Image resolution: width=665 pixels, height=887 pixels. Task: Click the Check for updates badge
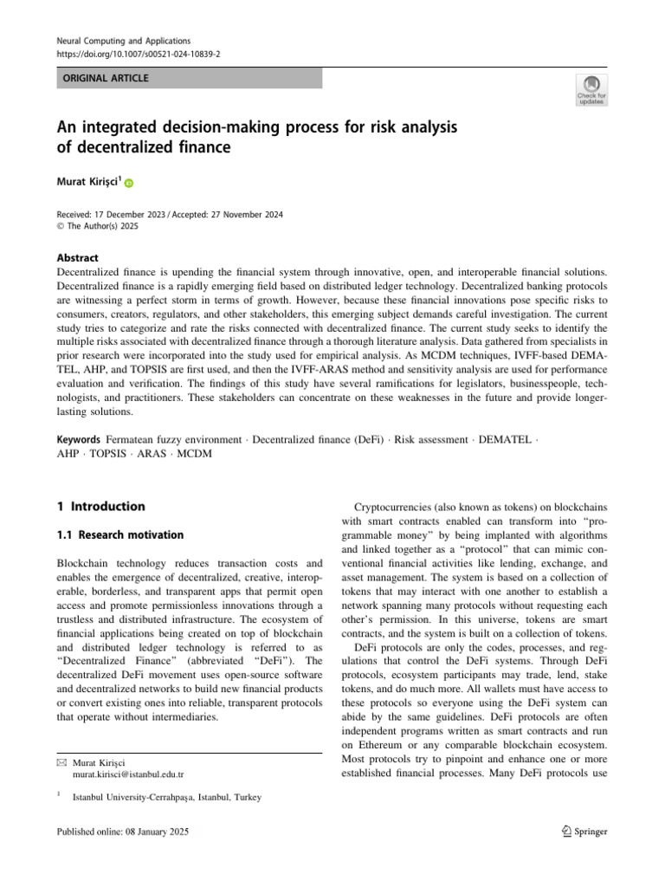(x=591, y=91)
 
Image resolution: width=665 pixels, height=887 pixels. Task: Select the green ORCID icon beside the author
(x=130, y=184)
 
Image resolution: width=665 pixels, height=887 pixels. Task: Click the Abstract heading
(x=77, y=258)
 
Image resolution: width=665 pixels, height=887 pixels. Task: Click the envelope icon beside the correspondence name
(x=61, y=761)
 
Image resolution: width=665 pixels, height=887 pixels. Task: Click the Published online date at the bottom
(x=121, y=832)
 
